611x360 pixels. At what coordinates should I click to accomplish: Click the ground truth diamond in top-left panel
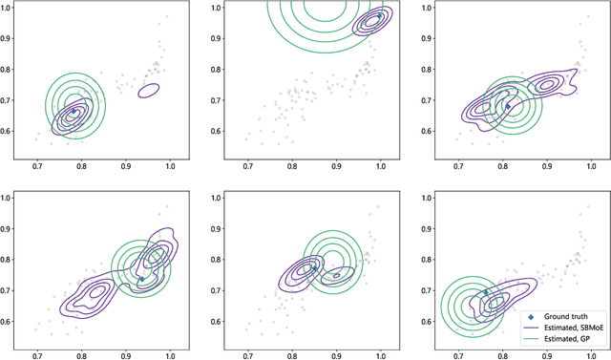coord(74,112)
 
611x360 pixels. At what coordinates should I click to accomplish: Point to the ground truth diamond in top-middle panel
coord(379,16)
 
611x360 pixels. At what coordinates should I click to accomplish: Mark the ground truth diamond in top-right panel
coord(508,106)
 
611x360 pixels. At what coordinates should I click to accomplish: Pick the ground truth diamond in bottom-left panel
coord(141,279)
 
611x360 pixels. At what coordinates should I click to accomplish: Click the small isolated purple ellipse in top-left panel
coord(148,91)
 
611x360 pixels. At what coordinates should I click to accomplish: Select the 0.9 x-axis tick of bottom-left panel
coord(127,354)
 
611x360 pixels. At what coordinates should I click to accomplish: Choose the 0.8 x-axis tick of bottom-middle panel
coord(292,354)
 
